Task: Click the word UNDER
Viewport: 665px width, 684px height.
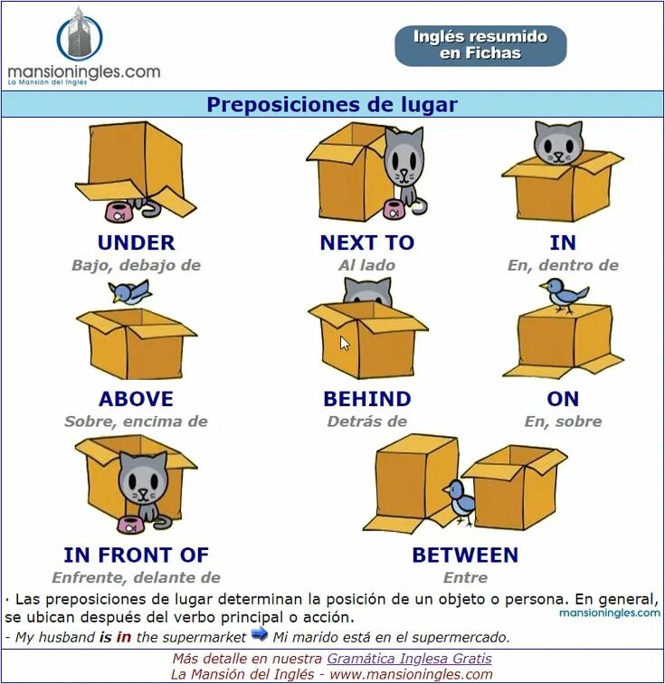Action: (136, 242)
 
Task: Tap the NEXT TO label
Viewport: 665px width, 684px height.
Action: (366, 242)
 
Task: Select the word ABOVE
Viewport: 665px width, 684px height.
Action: (136, 399)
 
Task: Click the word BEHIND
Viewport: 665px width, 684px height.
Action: (366, 399)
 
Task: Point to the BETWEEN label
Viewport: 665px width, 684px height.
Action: (465, 555)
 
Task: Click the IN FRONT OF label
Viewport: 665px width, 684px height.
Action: (136, 555)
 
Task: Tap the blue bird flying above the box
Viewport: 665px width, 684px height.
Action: (129, 291)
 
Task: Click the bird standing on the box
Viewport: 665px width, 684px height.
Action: (564, 295)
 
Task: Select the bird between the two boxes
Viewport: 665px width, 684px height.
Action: (461, 499)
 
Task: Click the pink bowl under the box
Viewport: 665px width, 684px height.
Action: (118, 213)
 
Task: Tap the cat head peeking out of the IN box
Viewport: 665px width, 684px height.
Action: (557, 142)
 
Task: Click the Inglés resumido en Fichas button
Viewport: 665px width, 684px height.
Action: (480, 45)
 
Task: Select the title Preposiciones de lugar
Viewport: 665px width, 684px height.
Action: (332, 104)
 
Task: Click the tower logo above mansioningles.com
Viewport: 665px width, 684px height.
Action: (80, 36)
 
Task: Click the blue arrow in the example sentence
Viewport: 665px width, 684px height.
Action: (260, 634)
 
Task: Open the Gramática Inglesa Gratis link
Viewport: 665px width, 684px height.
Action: (409, 659)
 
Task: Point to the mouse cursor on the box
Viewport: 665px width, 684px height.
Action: (345, 343)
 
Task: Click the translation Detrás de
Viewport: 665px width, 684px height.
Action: (366, 422)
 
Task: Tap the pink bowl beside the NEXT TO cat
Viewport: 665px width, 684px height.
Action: (393, 210)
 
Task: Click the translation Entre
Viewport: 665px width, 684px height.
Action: (465, 577)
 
